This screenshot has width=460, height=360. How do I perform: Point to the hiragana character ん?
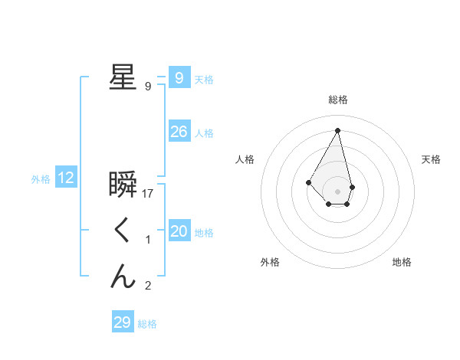(x=123, y=277)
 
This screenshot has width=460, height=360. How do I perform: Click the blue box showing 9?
(x=179, y=78)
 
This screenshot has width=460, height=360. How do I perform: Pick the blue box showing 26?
(x=179, y=132)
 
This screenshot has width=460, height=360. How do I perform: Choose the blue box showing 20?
(x=179, y=231)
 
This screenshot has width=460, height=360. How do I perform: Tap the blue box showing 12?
(x=66, y=178)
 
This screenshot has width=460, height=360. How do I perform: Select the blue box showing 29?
(x=122, y=322)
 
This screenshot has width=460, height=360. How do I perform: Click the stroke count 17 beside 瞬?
(x=149, y=194)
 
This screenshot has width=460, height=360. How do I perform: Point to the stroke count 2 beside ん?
(x=148, y=286)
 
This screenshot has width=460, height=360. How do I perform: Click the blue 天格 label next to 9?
(x=204, y=80)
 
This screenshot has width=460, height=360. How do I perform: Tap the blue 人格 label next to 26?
(x=204, y=133)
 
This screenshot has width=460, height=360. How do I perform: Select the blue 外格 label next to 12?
(x=41, y=179)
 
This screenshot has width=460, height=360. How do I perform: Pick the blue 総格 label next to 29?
(x=147, y=324)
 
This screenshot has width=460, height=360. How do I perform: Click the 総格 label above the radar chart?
(x=338, y=100)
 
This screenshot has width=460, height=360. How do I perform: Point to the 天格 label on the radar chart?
(x=432, y=159)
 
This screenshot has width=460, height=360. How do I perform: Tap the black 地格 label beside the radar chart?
(x=402, y=262)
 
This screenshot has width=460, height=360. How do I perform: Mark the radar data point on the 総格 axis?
(x=337, y=129)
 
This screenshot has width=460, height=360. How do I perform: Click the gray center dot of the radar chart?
(x=338, y=191)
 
